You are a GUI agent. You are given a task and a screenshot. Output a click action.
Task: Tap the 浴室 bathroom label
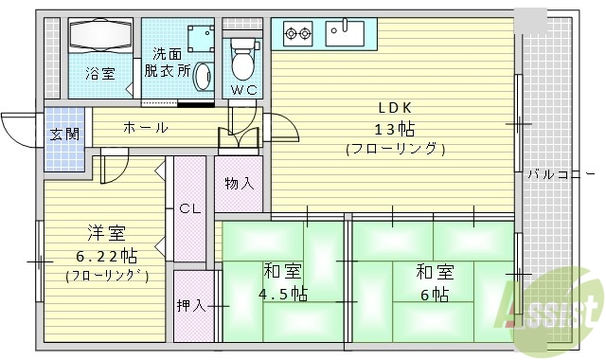pyautogui.click(x=98, y=72)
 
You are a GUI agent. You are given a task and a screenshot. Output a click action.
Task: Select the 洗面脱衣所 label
pyautogui.click(x=168, y=63)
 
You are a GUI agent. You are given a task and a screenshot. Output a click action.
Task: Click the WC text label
pyautogui.click(x=242, y=90)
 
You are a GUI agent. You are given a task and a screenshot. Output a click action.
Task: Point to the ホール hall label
pyautogui.click(x=144, y=127)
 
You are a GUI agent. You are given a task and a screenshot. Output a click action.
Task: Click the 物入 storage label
pyautogui.click(x=239, y=183)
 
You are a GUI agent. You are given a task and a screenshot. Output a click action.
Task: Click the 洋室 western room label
pyautogui.click(x=101, y=233)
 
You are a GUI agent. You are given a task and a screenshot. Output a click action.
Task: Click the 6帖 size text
pyautogui.click(x=434, y=294)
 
